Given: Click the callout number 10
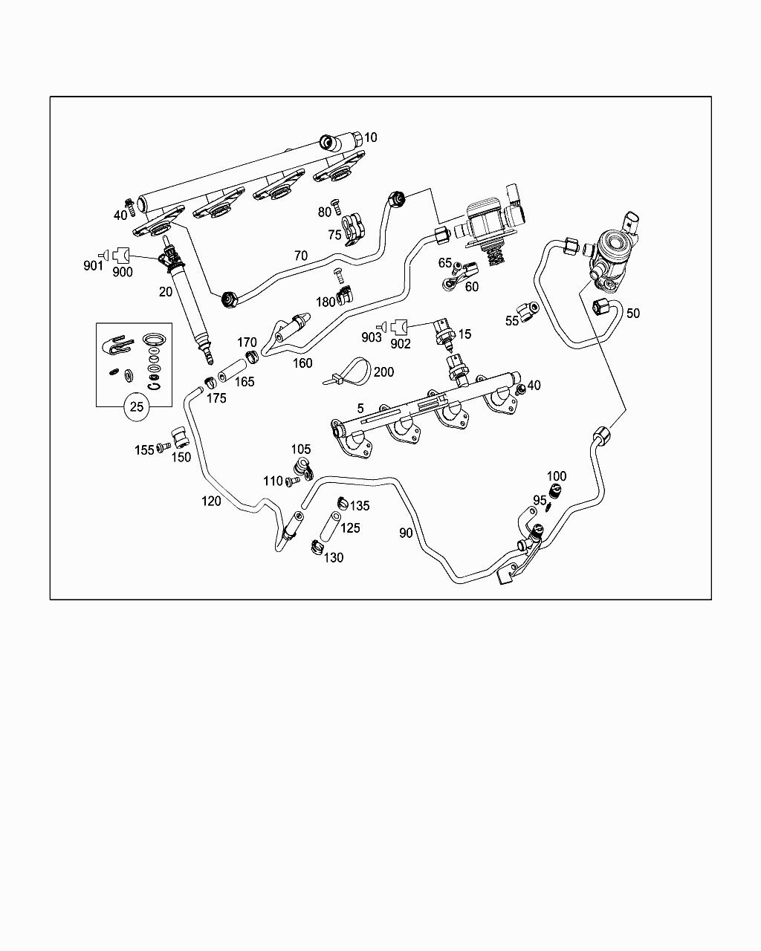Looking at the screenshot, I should [x=371, y=137].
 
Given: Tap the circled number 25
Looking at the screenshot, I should [x=137, y=406].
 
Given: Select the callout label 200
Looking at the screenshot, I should [x=383, y=371].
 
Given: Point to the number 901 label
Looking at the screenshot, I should [x=93, y=266].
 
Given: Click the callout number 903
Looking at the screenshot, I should [x=372, y=337].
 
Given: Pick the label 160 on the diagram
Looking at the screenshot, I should [x=302, y=363].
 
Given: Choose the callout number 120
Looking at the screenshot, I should [x=211, y=501].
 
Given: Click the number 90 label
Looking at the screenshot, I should [x=406, y=533].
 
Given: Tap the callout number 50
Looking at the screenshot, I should [x=632, y=314].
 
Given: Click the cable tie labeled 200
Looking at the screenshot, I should [x=348, y=371].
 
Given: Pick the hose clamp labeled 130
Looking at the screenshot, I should [x=315, y=549].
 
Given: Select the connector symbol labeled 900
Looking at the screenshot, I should [x=120, y=255].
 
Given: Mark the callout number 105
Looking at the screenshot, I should [x=301, y=449].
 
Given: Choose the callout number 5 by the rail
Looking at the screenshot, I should [x=360, y=408].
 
